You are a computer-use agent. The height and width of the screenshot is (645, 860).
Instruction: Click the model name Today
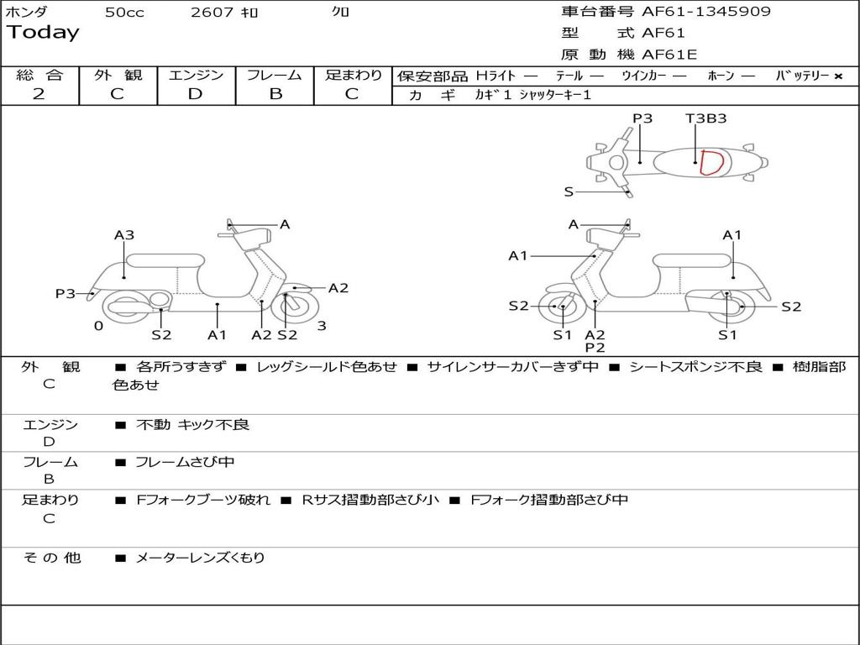pos(43,33)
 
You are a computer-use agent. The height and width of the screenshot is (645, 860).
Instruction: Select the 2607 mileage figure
pos(212,13)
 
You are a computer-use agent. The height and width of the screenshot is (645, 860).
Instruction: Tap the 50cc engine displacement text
pos(124,13)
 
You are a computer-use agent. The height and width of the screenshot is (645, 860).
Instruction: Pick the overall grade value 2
pos(39,94)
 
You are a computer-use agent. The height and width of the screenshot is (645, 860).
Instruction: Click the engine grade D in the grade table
pos(195,94)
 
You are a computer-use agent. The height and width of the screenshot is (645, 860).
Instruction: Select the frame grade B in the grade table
pos(275,94)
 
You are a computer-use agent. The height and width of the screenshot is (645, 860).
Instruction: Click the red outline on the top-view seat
pos(711,162)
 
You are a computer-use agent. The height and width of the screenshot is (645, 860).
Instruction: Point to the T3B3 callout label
pos(705,118)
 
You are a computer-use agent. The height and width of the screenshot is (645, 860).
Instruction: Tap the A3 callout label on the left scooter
pos(124,235)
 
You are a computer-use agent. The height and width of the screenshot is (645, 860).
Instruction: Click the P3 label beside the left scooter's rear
pos(66,294)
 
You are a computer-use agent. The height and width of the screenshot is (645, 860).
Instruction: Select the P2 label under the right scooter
pos(595,347)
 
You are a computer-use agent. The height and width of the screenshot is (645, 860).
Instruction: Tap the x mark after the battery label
pos(837,76)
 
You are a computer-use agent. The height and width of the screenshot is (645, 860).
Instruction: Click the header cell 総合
pos(39,76)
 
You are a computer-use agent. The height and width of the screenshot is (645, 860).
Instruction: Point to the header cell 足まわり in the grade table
pos(353,76)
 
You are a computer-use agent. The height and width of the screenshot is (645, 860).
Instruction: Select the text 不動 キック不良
pos(192,425)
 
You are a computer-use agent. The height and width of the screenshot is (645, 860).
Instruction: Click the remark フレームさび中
pos(185,462)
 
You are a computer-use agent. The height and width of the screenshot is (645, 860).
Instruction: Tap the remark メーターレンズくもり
pos(200,558)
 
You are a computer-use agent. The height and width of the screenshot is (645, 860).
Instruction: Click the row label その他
pos(51,558)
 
